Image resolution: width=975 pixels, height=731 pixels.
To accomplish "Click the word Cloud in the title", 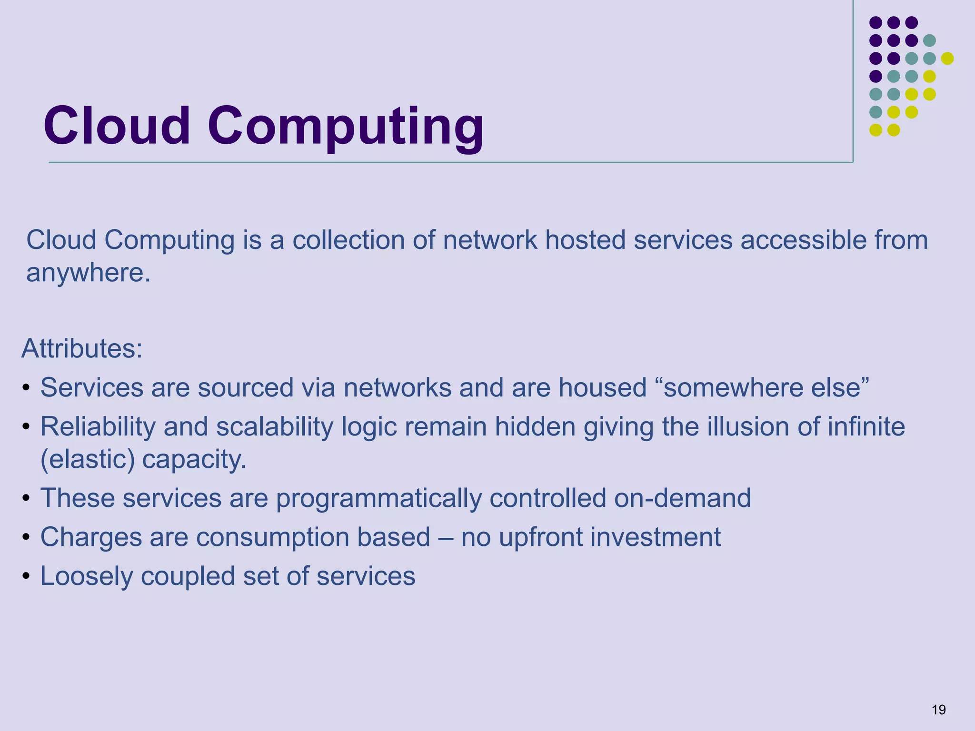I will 117,127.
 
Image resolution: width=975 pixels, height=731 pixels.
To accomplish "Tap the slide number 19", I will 938,710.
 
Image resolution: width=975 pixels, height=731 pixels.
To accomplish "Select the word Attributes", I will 81,349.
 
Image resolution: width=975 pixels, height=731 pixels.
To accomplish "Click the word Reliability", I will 98,427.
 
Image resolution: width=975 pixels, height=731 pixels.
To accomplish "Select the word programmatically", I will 378,498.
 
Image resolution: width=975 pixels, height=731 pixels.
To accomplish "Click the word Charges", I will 91,537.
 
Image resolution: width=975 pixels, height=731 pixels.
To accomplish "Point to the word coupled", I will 188,576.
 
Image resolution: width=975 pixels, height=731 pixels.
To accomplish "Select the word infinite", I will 866,426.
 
